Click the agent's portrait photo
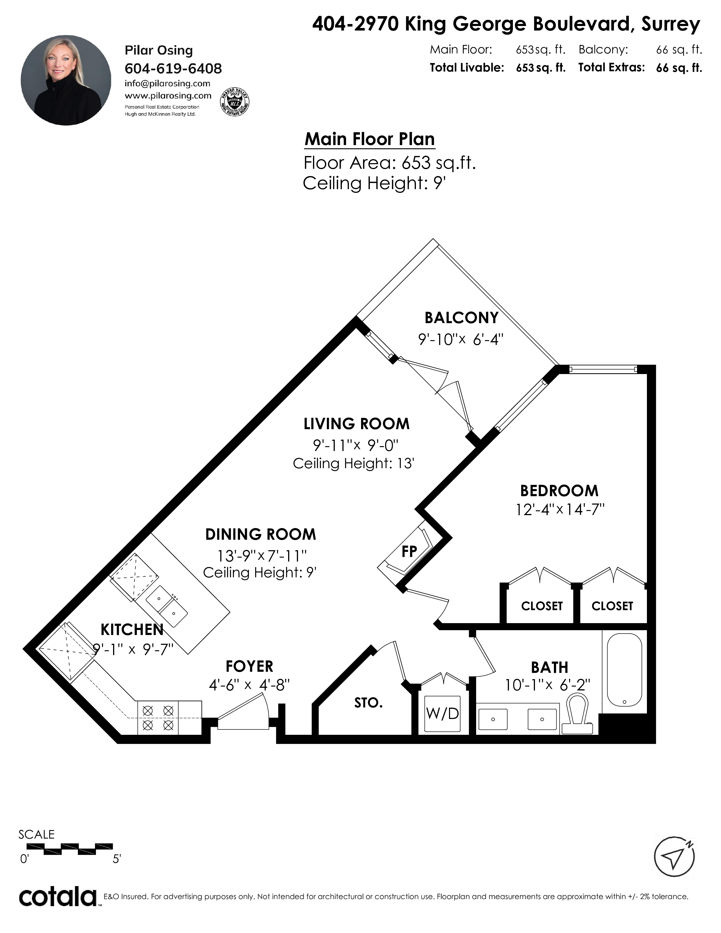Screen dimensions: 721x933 (66, 80)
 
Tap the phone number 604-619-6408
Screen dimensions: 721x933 (173, 68)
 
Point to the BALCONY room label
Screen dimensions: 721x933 (461, 318)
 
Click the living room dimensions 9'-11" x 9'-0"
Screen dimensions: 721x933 (356, 445)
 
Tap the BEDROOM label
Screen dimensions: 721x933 (559, 491)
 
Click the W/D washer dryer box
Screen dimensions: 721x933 (442, 713)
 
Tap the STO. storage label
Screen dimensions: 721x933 (368, 703)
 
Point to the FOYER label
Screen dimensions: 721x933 (249, 666)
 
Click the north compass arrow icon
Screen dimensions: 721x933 (674, 856)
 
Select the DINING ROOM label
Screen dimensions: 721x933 (261, 534)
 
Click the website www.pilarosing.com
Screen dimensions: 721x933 (168, 96)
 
